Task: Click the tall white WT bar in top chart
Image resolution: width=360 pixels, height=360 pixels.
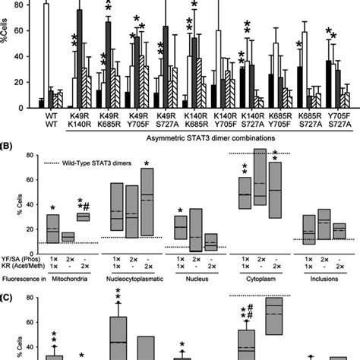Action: [x=46, y=53]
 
